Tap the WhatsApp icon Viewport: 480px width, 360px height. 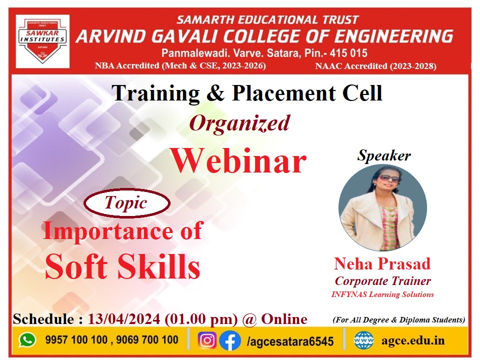pos(27,340)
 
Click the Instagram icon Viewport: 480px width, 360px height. pos(207,340)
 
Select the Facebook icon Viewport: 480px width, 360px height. pos(230,340)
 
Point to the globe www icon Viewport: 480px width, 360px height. pos(363,340)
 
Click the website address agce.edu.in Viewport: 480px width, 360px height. pos(413,340)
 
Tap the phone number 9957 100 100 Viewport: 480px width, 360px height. pos(76,339)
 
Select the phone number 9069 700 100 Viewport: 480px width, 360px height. pos(147,339)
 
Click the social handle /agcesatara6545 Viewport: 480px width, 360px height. pos(290,341)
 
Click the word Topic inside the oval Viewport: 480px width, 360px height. pos(126,202)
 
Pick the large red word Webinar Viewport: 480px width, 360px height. pos(238,161)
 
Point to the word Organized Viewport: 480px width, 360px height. pos(239,123)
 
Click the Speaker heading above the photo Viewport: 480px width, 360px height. pos(384,155)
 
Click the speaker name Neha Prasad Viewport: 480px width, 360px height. pos(382,263)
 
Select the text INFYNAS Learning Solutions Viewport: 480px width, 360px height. pos(382,294)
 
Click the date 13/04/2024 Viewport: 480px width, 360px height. pos(124,319)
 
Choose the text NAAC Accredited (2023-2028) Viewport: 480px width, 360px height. pos(376,66)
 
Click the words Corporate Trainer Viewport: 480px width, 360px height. pos(383,280)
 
